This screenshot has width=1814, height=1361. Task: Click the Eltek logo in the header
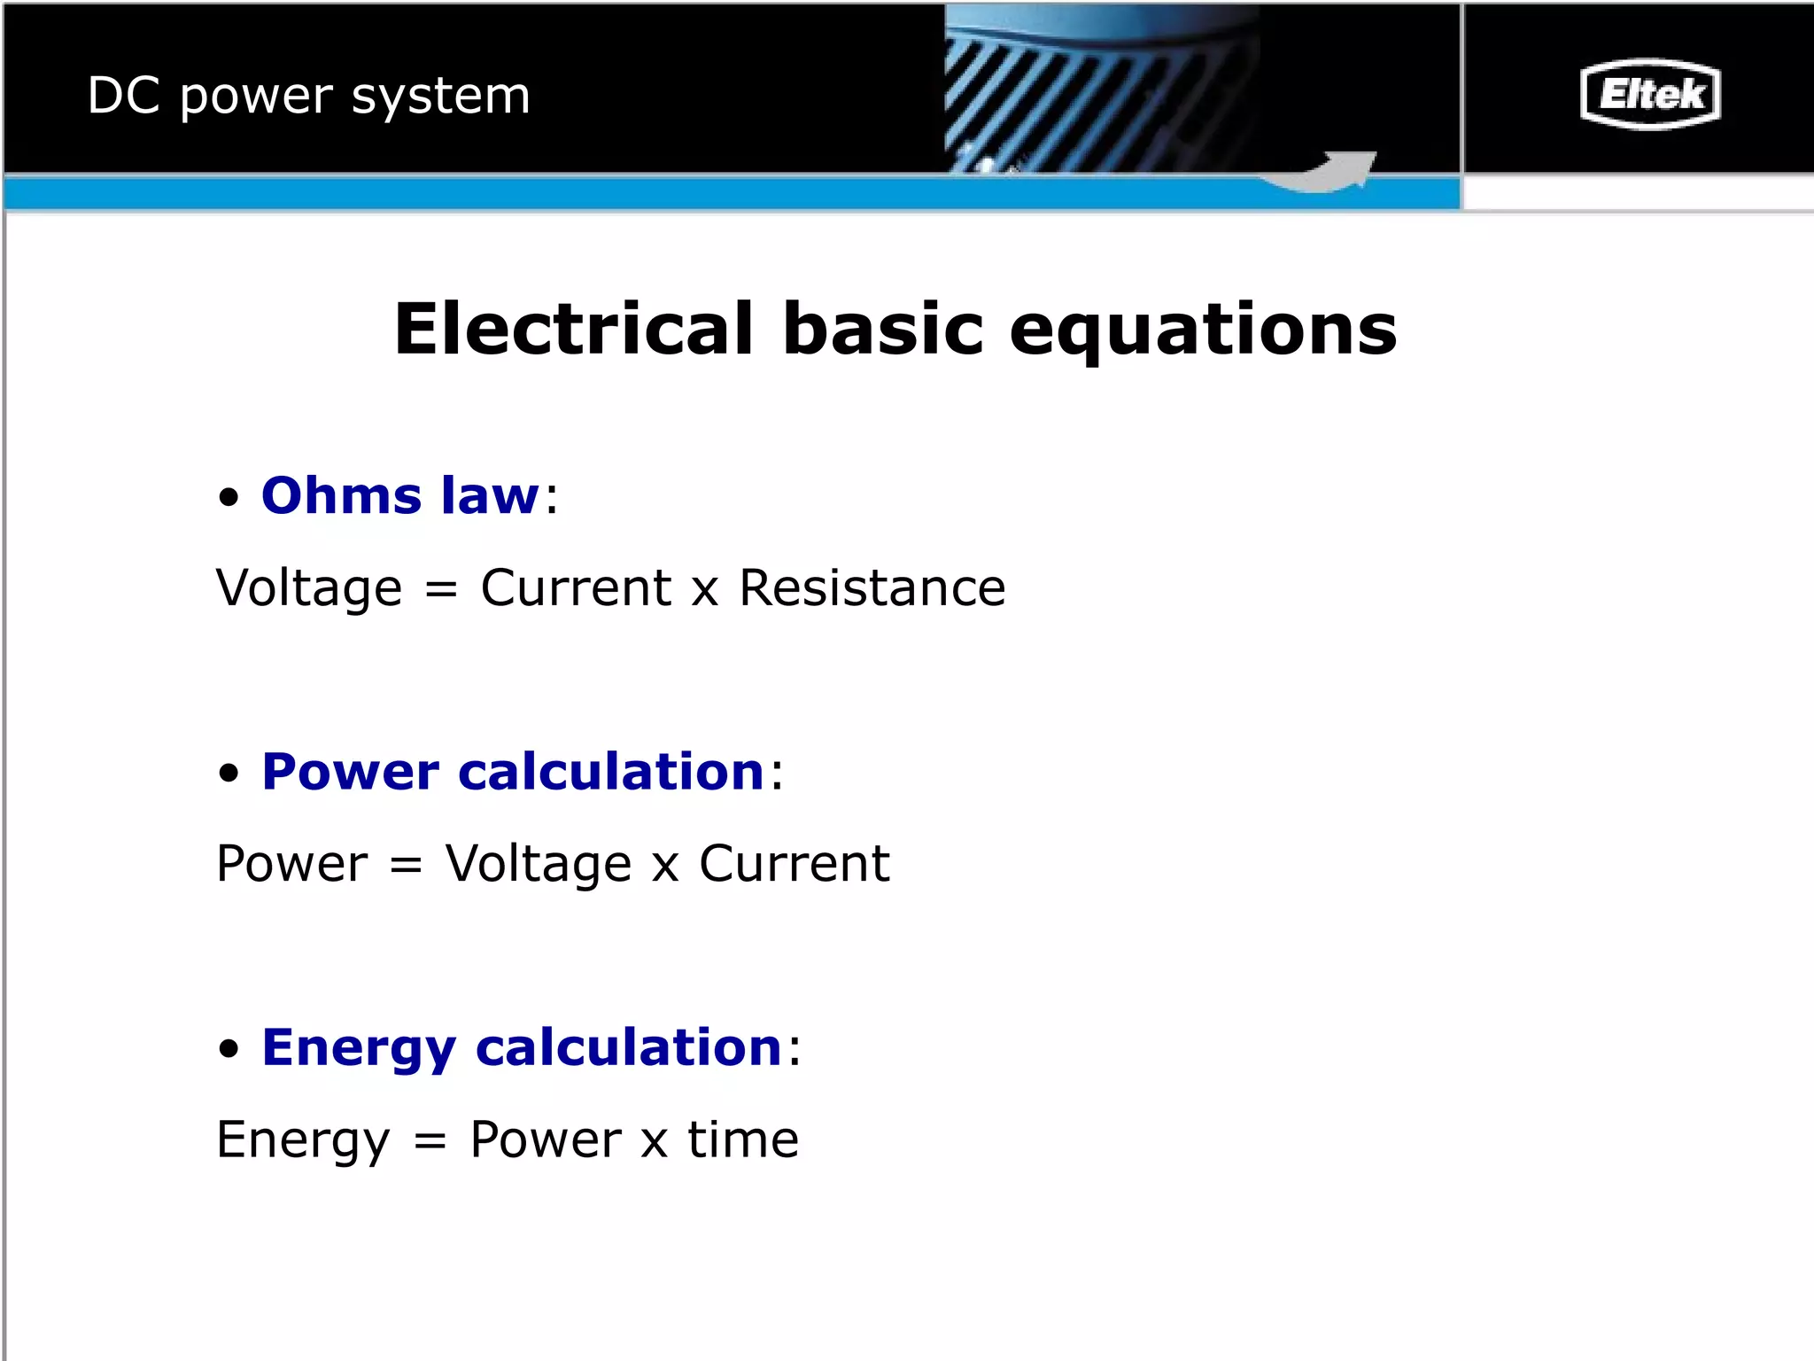point(1650,94)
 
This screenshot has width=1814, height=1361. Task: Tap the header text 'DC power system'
point(308,96)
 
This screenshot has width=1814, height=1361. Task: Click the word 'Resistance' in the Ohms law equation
point(872,587)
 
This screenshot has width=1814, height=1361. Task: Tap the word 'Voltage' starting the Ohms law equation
point(309,589)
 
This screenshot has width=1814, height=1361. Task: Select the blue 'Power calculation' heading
point(513,771)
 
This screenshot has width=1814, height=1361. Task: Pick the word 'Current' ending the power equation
point(795,863)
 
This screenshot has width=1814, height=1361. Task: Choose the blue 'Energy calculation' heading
point(522,1048)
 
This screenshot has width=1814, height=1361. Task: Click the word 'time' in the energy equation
point(743,1139)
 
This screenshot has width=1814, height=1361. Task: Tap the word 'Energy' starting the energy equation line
point(303,1141)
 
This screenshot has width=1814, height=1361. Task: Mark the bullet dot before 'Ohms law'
point(229,497)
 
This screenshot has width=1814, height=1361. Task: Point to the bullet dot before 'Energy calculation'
point(229,1049)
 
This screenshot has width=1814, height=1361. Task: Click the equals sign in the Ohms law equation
point(441,589)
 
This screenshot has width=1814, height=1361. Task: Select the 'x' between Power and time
point(654,1141)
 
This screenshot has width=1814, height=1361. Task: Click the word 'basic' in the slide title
point(883,329)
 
